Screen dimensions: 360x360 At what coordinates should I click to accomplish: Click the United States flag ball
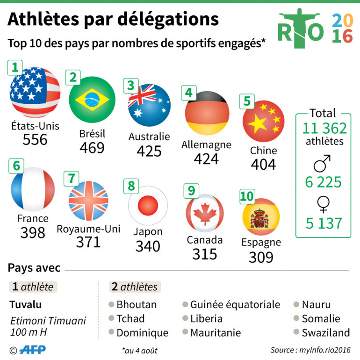pos(35,92)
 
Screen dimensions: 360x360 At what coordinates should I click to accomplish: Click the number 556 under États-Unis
pos(35,139)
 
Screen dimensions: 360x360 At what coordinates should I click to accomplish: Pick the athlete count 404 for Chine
pos(263,165)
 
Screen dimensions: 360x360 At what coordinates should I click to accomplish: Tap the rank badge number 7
pos(71,178)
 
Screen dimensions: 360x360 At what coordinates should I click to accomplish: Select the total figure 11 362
pos(324,128)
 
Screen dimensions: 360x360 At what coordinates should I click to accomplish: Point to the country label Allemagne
pos(206,144)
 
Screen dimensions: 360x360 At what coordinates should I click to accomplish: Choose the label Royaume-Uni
pos(88,229)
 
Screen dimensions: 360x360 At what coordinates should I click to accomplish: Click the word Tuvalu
pos(26,305)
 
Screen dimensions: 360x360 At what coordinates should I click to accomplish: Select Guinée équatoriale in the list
pos(235,305)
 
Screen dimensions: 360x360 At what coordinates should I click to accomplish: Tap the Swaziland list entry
pos(325,332)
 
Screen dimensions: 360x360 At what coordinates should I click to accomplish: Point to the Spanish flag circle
pos(261,216)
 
